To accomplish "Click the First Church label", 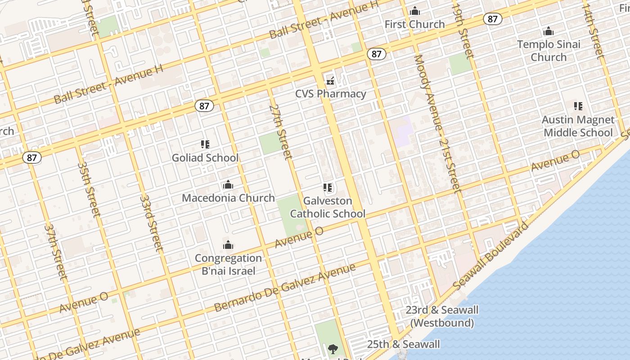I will [414, 24].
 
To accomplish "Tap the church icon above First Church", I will [415, 11].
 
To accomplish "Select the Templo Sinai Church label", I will [549, 50].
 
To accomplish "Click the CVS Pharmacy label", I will [331, 94].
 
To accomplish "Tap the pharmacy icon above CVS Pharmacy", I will [331, 81].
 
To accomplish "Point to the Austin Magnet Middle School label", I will [578, 126].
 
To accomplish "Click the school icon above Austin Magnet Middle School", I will [578, 106].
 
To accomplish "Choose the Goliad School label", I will [205, 157].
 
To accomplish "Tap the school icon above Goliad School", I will [205, 144].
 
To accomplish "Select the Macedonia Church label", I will [228, 198].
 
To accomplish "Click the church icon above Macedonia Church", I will [228, 185].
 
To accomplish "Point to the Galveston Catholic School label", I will [328, 207].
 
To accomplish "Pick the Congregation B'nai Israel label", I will [228, 264].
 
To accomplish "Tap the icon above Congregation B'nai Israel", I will [228, 245].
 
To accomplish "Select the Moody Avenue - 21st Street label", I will [437, 124].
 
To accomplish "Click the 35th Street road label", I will [89, 189].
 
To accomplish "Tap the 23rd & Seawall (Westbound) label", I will [442, 316].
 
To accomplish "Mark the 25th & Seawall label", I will [403, 344].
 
